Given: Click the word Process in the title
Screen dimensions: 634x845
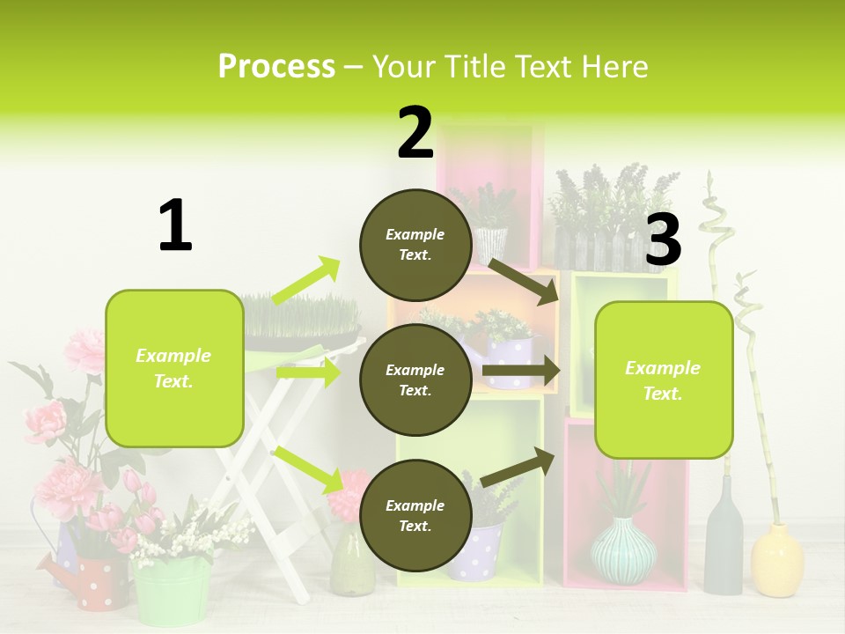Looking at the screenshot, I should (x=276, y=67).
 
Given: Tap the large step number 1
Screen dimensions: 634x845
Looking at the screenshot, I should (x=175, y=225).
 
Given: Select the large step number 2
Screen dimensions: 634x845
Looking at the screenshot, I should (x=415, y=133).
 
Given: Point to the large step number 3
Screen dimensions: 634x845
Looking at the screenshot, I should (x=663, y=240).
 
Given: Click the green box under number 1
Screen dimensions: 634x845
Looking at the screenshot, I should (x=174, y=368).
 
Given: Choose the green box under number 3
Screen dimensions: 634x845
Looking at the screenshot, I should (x=664, y=380).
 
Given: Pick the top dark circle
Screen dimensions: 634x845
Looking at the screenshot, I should (x=415, y=245).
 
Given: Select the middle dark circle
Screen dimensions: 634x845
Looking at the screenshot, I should (x=415, y=380).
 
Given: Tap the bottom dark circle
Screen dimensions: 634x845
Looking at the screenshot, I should (x=415, y=515).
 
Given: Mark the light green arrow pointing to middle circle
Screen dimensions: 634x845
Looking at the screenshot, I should (x=308, y=372).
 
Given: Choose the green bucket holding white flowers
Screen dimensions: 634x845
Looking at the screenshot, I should (x=173, y=590).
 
